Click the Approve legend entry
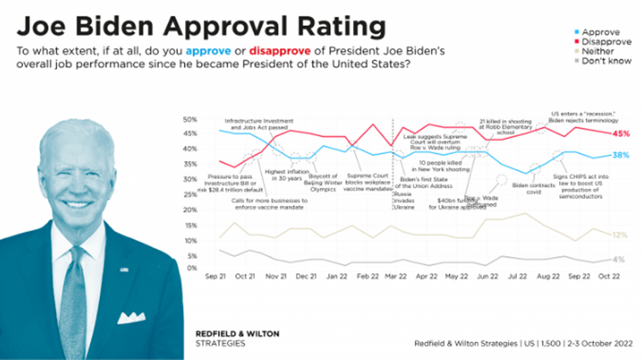click(600, 31)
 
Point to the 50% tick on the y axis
click(190, 119)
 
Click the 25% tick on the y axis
click(190, 194)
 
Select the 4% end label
click(619, 259)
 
